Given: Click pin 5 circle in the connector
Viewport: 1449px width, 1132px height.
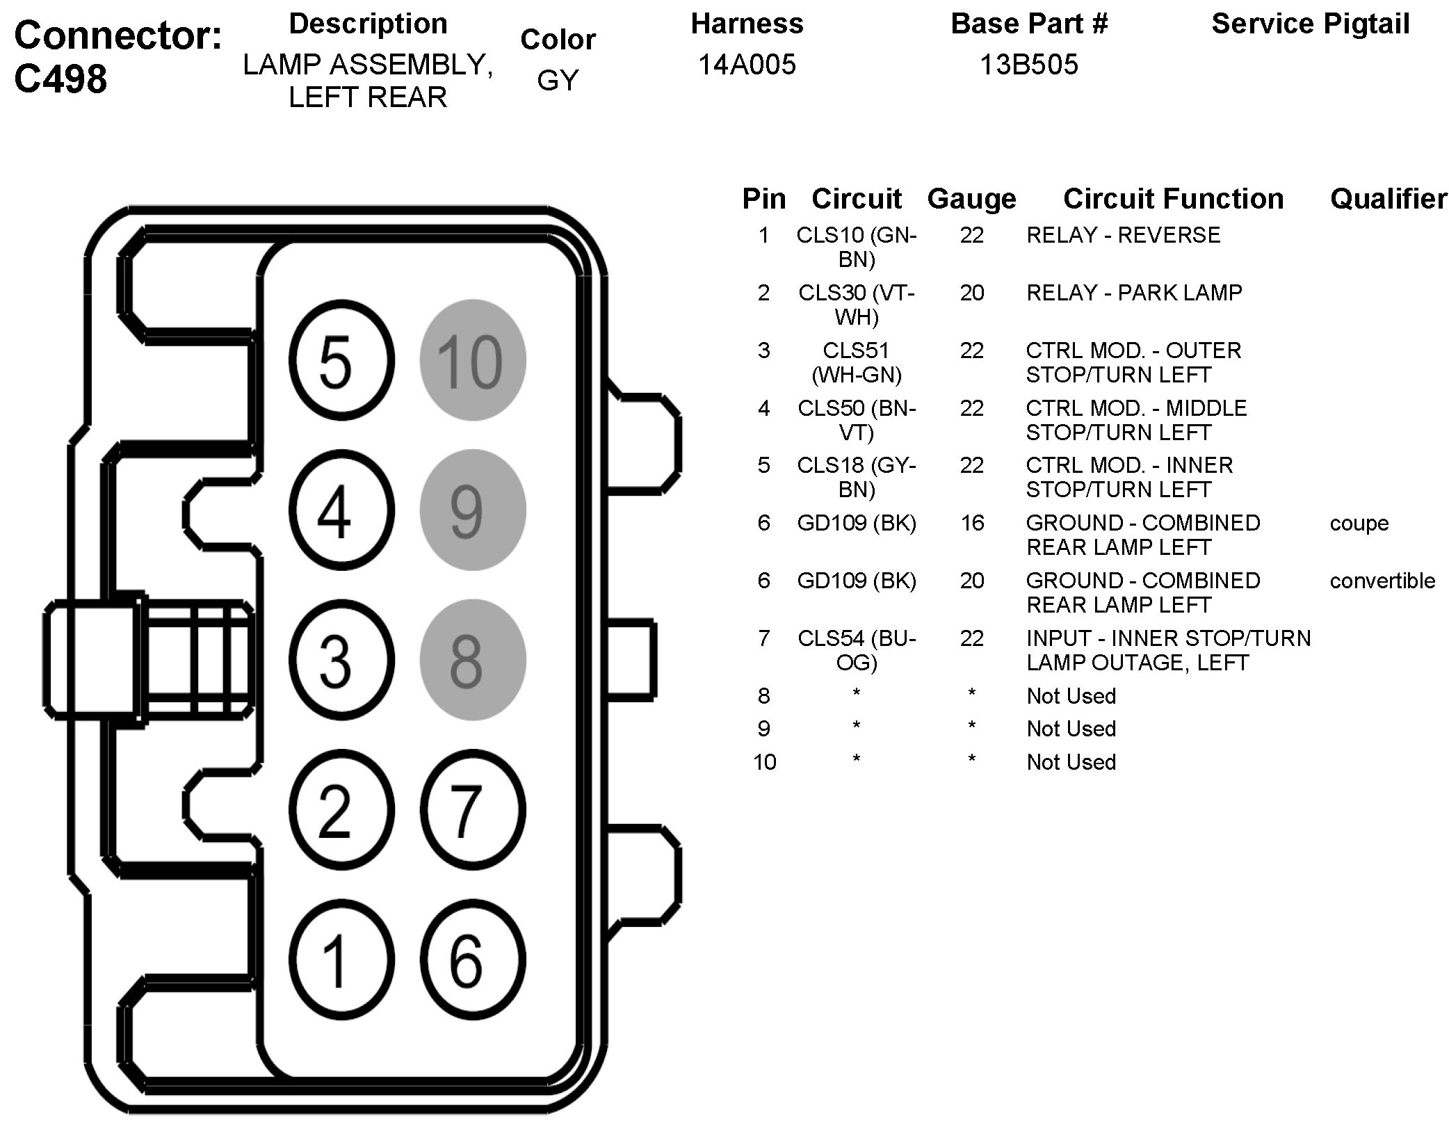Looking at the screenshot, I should tap(340, 360).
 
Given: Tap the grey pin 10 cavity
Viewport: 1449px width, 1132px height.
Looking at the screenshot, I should tap(472, 360).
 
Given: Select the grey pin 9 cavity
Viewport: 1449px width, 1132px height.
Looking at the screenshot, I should tap(472, 510).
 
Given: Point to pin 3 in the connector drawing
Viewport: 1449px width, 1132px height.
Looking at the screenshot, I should tap(340, 660).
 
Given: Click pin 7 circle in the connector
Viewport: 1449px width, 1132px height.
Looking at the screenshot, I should tap(472, 810).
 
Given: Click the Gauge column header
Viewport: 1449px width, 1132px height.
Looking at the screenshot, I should tap(971, 199).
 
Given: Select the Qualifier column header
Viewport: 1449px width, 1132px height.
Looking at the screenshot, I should tap(1388, 199).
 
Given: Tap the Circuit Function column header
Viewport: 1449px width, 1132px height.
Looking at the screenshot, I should tap(1173, 199).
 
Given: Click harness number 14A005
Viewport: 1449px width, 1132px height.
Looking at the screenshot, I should tap(747, 65).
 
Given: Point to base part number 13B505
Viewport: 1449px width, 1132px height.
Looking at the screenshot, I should tap(1028, 65).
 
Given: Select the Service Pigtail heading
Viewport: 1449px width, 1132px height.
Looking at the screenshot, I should tap(1310, 24).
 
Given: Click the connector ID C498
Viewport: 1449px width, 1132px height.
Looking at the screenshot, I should tap(61, 79).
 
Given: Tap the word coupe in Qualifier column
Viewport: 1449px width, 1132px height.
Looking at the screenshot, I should tap(1359, 523).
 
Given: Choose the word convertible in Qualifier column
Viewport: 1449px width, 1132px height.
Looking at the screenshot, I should tap(1382, 581).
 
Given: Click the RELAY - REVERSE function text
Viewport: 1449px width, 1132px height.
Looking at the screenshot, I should tap(1123, 235).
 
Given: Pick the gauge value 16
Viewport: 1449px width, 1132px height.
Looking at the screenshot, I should tap(971, 523).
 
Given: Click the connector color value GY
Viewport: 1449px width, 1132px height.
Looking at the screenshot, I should tap(558, 81).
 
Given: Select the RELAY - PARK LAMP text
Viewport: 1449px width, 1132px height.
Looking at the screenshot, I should tap(1134, 293).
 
